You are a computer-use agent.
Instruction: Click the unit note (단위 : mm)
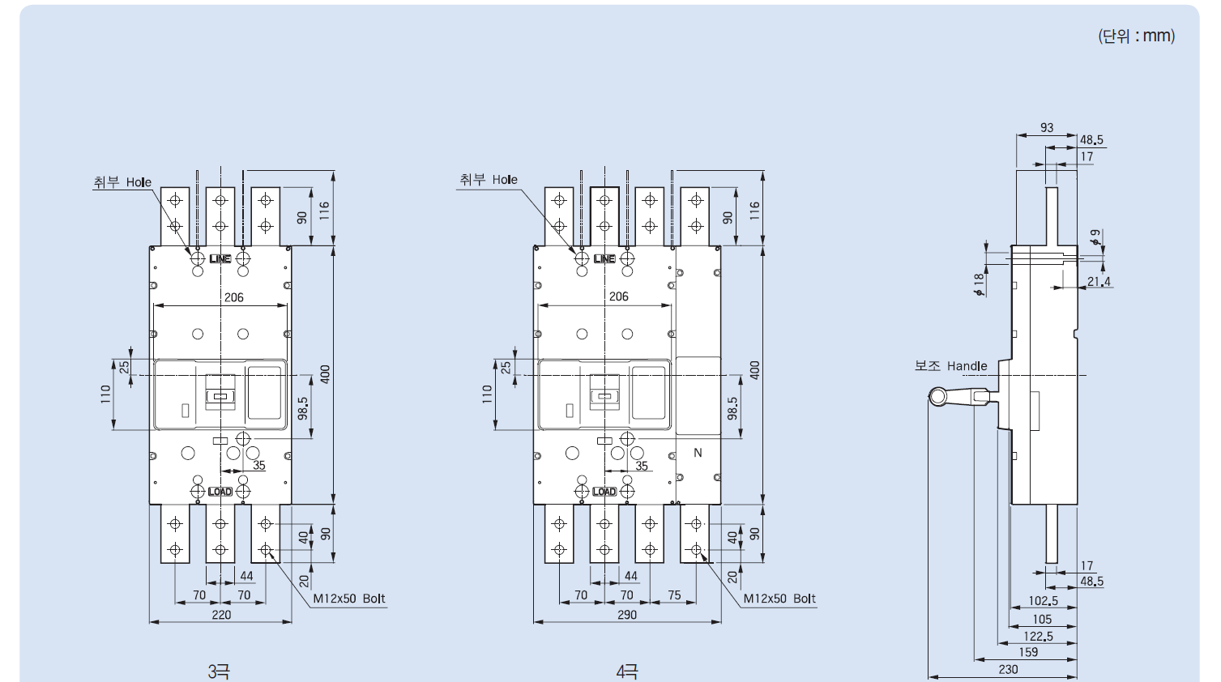point(1137,36)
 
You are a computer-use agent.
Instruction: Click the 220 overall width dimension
point(221,615)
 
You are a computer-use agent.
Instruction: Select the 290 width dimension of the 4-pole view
point(627,615)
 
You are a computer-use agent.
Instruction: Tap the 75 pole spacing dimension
point(674,595)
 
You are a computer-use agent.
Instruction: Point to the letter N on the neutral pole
point(698,453)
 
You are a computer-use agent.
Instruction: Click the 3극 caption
point(219,671)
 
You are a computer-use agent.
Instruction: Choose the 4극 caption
point(627,671)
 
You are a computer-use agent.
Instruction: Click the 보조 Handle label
point(950,365)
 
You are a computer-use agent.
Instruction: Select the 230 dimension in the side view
point(1008,669)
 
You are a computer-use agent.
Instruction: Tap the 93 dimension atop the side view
point(1047,127)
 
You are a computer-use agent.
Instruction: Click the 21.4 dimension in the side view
point(1099,282)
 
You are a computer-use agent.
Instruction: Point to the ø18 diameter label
point(980,284)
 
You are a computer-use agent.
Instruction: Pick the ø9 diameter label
point(1095,237)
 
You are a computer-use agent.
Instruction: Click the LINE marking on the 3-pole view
point(220,258)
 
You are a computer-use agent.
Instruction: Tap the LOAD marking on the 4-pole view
point(604,492)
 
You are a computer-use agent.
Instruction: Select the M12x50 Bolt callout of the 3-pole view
point(349,599)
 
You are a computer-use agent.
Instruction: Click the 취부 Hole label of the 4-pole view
point(489,179)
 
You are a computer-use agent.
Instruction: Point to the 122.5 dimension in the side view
point(1039,637)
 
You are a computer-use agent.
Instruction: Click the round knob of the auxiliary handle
point(937,397)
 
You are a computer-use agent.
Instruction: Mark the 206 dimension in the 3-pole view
point(234,297)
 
